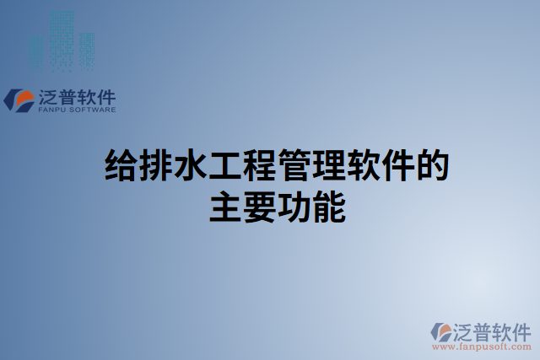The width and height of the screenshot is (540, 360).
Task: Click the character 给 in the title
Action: [119, 165]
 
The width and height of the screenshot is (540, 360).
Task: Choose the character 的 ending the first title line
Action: [430, 165]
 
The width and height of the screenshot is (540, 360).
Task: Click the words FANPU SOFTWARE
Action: [77, 110]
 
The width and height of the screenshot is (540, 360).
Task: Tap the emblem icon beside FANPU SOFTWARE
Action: [19, 100]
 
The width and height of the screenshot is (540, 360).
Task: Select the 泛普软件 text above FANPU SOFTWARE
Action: [77, 97]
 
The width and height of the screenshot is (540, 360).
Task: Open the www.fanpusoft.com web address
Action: [481, 346]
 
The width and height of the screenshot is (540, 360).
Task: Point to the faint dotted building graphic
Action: [60, 40]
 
